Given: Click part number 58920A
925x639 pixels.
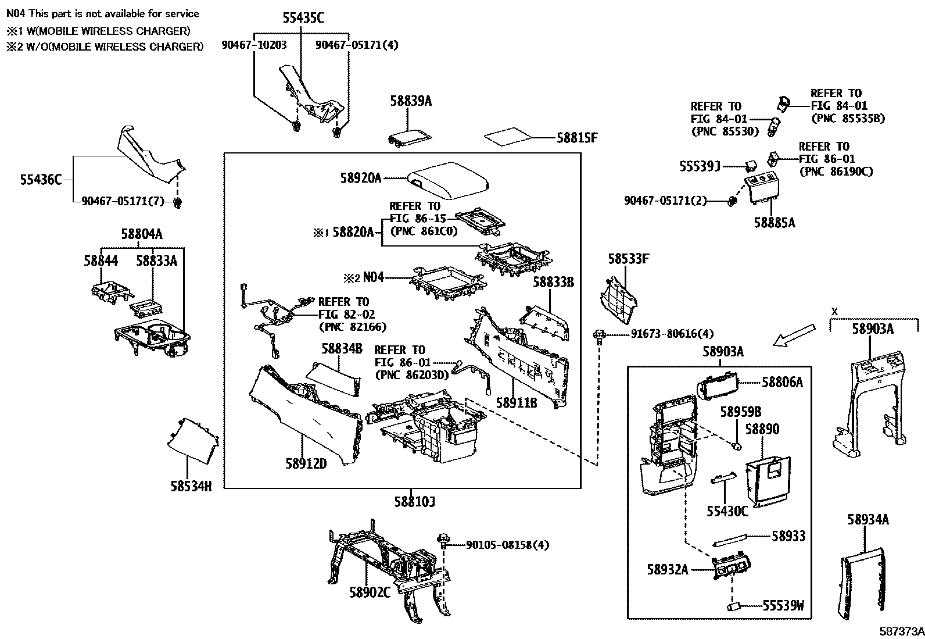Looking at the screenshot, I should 361,178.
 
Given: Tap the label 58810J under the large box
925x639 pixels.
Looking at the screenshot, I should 414,501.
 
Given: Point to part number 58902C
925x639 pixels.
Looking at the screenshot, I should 370,592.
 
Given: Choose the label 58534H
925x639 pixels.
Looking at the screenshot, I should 191,486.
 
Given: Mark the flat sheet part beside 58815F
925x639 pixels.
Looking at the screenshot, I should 509,137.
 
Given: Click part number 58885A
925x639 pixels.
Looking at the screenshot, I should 774,222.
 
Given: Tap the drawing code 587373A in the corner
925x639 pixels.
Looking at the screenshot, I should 901,631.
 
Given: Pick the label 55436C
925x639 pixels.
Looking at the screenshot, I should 41,180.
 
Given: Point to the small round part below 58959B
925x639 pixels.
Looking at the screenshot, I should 736,447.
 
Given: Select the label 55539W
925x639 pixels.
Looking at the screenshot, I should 783,606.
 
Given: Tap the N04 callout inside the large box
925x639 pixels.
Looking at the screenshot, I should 374,278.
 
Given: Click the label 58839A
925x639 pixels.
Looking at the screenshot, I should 411,101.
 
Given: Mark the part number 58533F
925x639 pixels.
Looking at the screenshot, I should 628,259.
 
